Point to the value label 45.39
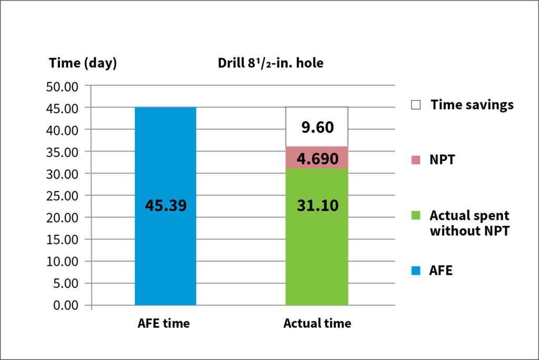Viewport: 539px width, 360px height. coord(165,206)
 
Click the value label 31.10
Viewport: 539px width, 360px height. coord(316,206)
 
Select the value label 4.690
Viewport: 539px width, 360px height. coord(316,158)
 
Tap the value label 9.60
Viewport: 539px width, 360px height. coord(316,128)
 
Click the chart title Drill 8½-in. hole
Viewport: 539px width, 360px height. coord(271,64)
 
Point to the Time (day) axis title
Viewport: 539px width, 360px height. coord(83,63)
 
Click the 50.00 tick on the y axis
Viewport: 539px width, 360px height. coord(63,86)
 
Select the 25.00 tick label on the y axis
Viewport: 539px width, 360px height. coord(63,195)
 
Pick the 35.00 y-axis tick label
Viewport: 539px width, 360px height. coord(63,152)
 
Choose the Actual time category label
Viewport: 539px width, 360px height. coord(317,324)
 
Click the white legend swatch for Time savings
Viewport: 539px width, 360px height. coord(416,105)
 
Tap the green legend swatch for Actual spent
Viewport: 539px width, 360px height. coord(416,216)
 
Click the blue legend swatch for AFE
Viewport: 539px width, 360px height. coord(416,271)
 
